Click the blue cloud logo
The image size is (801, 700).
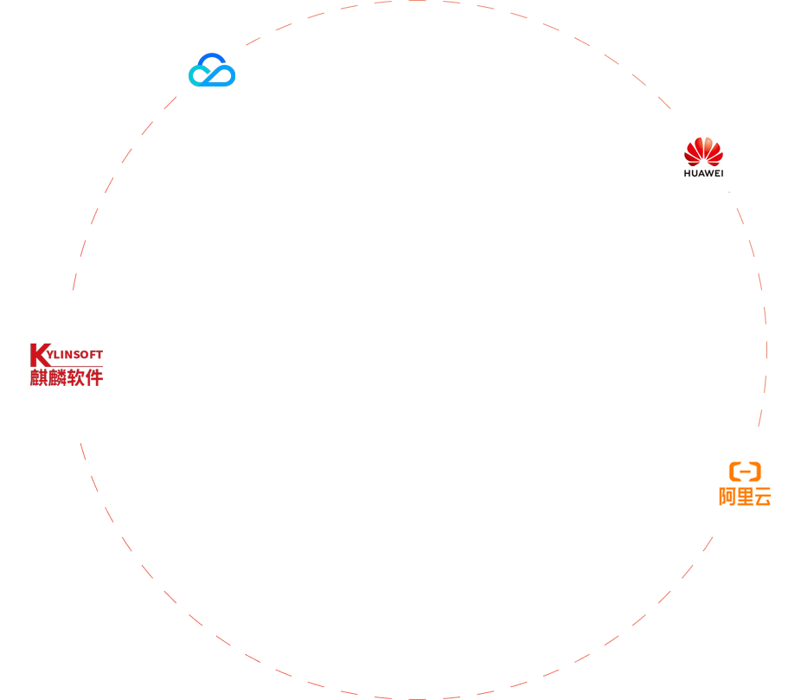pyautogui.click(x=212, y=70)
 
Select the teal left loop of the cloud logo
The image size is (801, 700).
pyautogui.click(x=199, y=76)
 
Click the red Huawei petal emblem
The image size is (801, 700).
pyautogui.click(x=702, y=151)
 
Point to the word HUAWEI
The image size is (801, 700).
pyautogui.click(x=702, y=172)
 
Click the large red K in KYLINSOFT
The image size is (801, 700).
pyautogui.click(x=38, y=354)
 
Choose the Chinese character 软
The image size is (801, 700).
pyautogui.click(x=75, y=377)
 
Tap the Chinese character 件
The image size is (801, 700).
pyautogui.click(x=93, y=377)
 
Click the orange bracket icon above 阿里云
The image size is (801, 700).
pyautogui.click(x=745, y=472)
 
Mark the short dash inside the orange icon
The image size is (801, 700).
pyautogui.click(x=745, y=472)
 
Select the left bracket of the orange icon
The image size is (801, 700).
pyautogui.click(x=734, y=472)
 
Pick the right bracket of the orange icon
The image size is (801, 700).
pyautogui.click(x=756, y=472)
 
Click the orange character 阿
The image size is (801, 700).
pyautogui.click(x=727, y=497)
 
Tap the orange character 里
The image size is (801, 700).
pyautogui.click(x=745, y=497)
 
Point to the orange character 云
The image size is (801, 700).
pyautogui.click(x=762, y=497)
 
